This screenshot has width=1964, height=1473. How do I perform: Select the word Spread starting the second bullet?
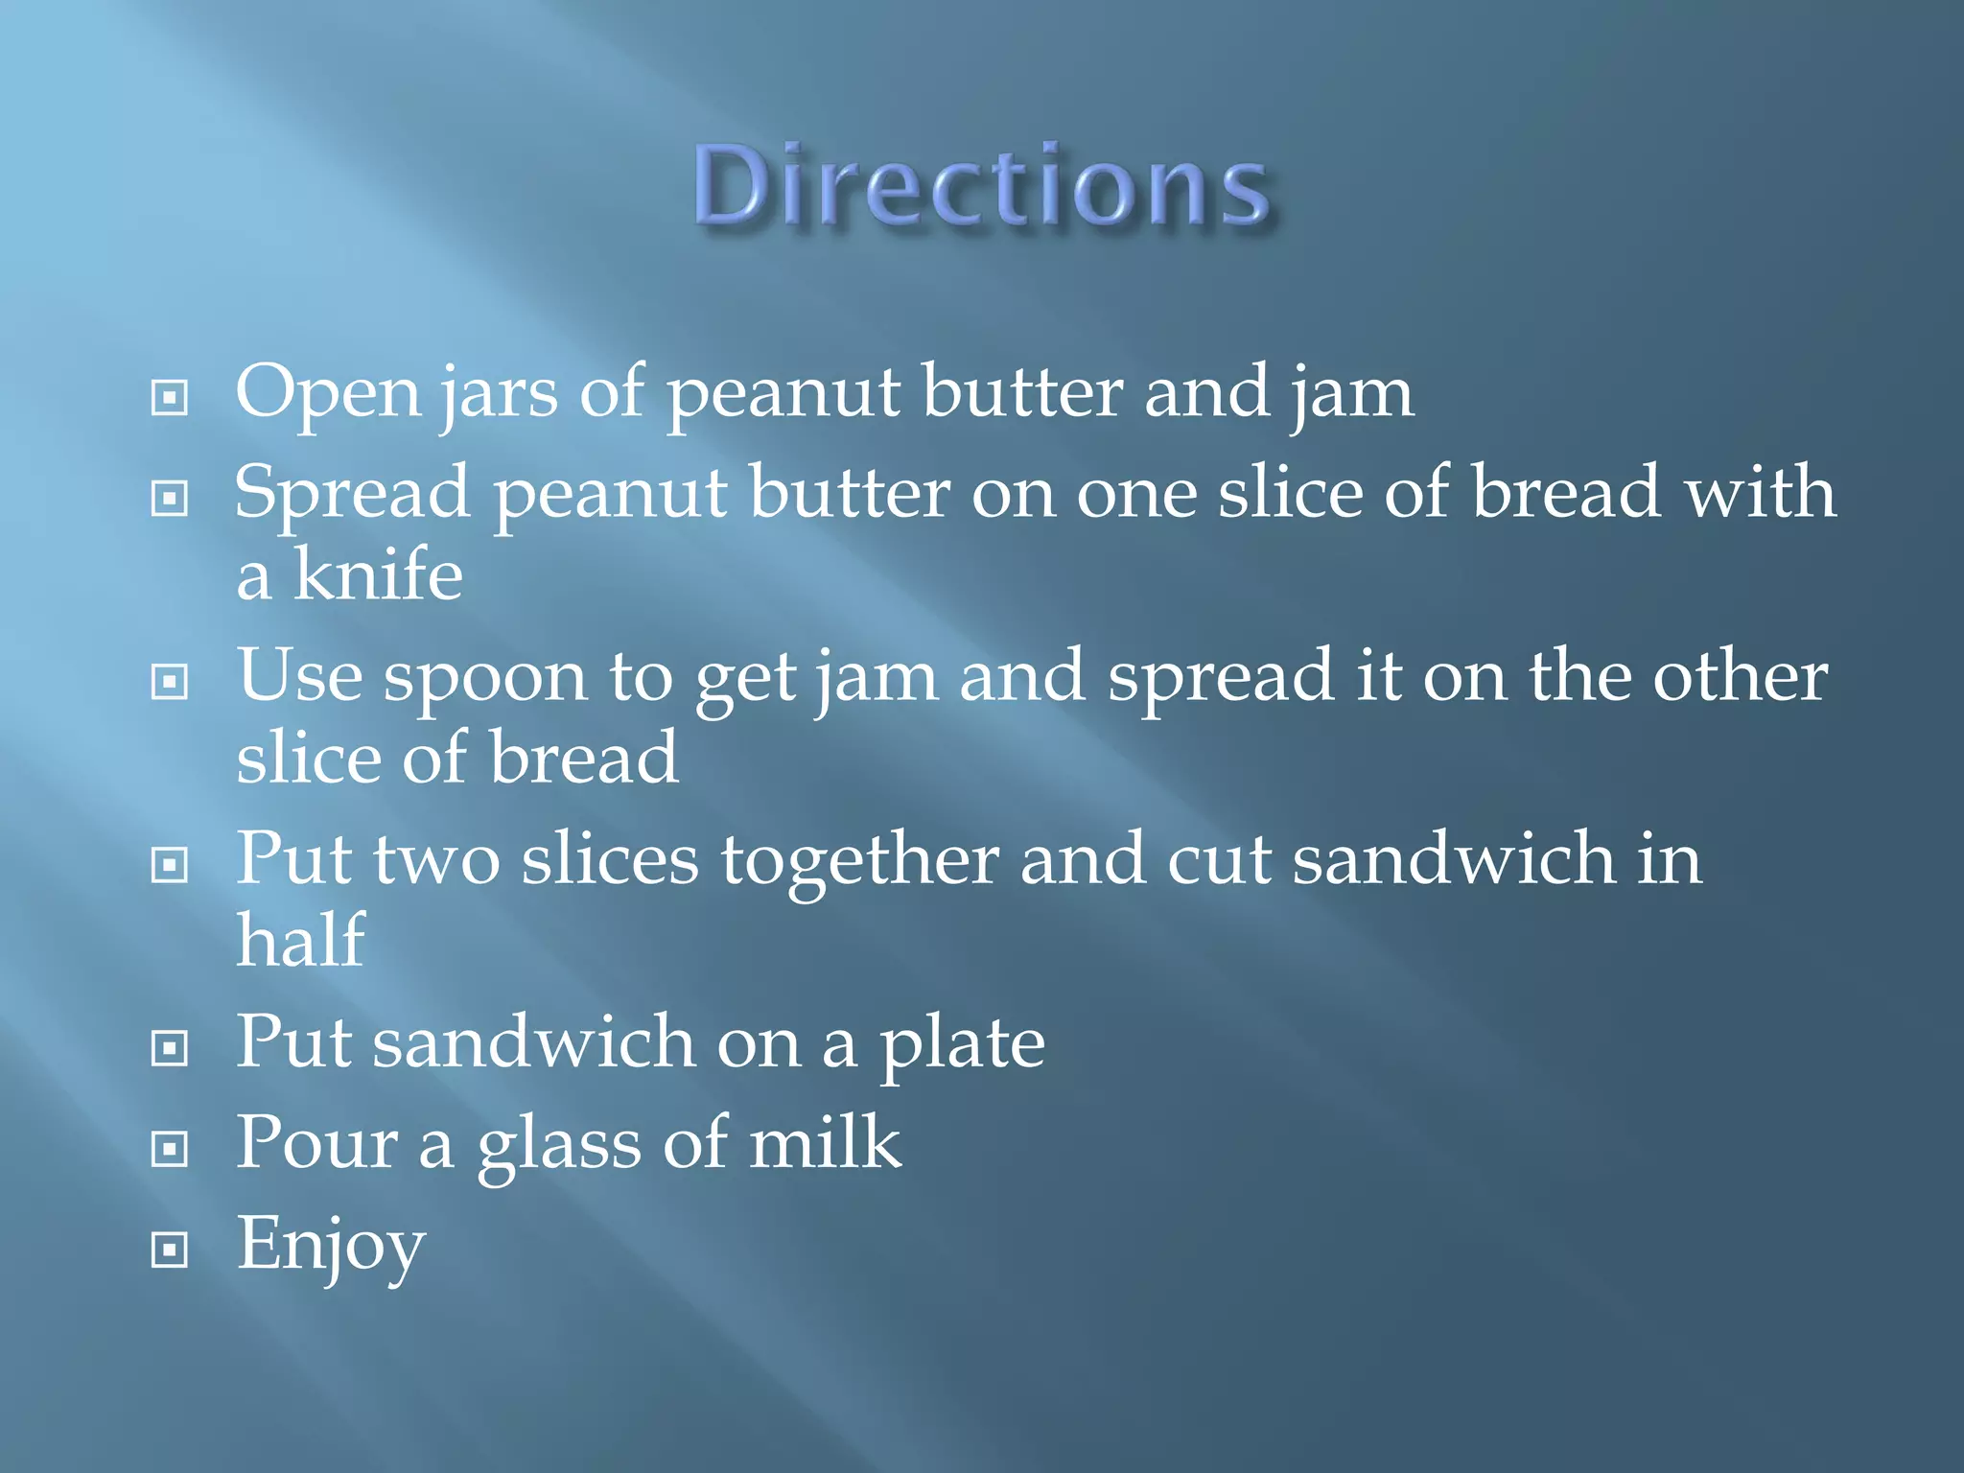click(352, 493)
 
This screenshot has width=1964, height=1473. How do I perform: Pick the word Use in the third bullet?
click(299, 675)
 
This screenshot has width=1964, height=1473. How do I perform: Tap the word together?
click(860, 859)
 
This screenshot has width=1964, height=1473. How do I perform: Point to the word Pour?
click(316, 1143)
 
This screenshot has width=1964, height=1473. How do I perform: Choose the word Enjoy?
click(331, 1245)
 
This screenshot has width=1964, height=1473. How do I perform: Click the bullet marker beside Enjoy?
click(170, 1250)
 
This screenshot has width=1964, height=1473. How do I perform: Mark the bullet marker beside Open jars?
click(170, 397)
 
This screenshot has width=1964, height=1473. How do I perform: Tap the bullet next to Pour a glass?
click(170, 1148)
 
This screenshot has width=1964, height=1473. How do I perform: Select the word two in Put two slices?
click(436, 859)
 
